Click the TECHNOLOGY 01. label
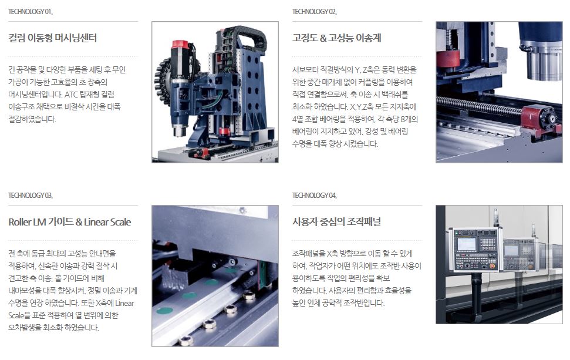[31, 12]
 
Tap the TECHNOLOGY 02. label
[315, 12]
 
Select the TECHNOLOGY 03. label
[31, 196]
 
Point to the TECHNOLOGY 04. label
[315, 196]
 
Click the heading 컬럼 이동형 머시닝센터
[53, 38]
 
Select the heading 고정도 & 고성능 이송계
[336, 38]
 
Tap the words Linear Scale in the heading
[107, 222]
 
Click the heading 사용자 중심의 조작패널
[336, 222]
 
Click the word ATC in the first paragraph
[71, 95]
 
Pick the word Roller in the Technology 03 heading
[20, 222]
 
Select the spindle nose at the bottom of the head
[178, 130]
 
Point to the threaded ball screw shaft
[480, 106]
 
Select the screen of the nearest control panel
[466, 244]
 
